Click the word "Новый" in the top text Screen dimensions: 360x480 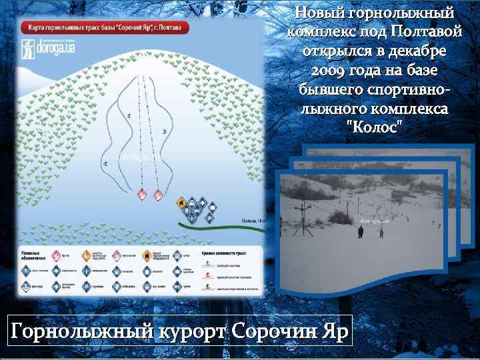coord(318,13)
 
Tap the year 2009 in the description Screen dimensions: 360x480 coord(327,70)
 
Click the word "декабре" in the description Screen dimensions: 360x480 coord(419,51)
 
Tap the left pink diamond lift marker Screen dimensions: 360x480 coord(141,195)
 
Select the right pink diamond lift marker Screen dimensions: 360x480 coord(158,195)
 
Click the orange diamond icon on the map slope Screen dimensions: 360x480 coord(181,203)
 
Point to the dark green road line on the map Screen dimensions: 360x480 coord(220,225)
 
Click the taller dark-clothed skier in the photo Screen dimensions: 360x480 coord(361,231)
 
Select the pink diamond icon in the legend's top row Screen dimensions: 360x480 coord(57,255)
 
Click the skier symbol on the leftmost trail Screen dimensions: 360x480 coord(105,162)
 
